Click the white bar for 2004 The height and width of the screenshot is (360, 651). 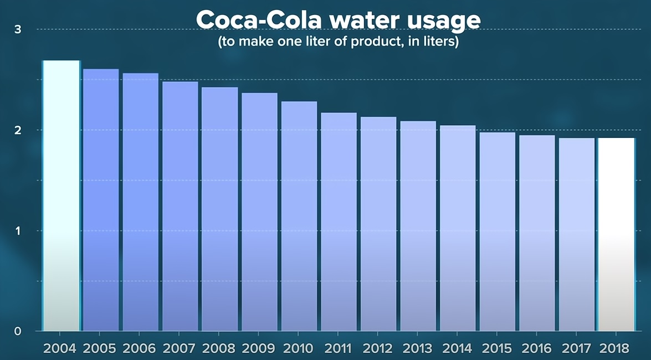[61, 196]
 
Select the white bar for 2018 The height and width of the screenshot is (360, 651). [616, 234]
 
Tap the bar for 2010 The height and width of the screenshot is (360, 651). [299, 216]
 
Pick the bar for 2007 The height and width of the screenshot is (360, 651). [180, 206]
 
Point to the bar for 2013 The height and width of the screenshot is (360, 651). [418, 226]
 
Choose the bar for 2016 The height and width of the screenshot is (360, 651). [537, 233]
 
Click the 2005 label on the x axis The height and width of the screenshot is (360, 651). [100, 348]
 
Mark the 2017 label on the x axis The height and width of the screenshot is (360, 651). [576, 348]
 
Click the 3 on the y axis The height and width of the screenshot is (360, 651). [17, 29]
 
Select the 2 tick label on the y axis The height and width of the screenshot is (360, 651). [17, 130]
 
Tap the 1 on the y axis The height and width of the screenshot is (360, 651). [17, 231]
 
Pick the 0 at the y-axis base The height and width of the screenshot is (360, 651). [17, 331]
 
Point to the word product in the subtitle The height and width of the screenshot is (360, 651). [372, 42]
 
